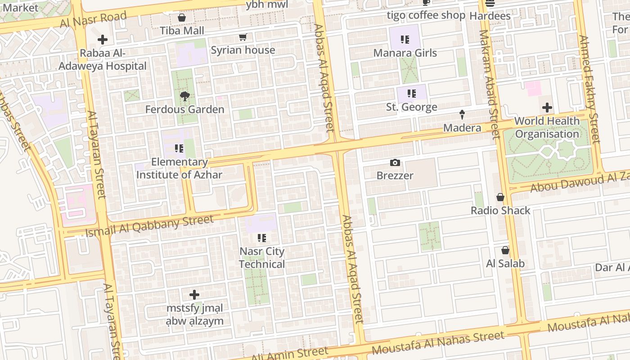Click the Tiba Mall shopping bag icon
click(182, 18)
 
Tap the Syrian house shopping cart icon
click(243, 37)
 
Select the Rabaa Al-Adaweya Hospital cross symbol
click(103, 40)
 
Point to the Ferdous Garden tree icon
click(184, 96)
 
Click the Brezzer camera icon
click(395, 162)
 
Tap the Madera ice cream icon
click(462, 115)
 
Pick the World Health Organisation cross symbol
click(547, 108)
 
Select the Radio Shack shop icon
click(500, 197)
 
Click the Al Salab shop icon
click(505, 250)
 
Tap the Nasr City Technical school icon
click(262, 238)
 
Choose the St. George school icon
click(412, 94)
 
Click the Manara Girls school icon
click(405, 40)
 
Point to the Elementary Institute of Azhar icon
click(179, 148)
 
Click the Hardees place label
click(490, 16)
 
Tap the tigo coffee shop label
click(426, 15)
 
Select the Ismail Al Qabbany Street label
click(149, 226)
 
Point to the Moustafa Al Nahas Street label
click(438, 342)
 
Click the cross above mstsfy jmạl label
click(194, 295)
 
